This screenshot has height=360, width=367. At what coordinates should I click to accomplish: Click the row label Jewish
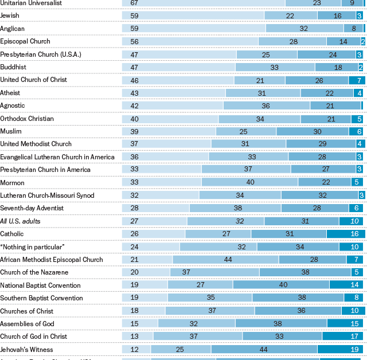[x=9, y=15]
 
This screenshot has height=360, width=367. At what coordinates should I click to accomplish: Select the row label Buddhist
[x=13, y=67]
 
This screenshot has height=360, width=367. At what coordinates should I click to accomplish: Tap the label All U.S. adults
[x=20, y=221]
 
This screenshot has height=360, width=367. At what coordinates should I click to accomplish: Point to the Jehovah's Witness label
[x=26, y=349]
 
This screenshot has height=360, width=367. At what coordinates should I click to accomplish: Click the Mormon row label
[x=11, y=182]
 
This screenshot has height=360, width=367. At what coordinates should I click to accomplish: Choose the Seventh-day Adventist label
[x=32, y=208]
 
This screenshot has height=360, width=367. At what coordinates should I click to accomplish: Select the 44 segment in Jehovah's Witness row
[x=264, y=349]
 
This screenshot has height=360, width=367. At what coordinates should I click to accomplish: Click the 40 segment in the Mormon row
[x=250, y=182]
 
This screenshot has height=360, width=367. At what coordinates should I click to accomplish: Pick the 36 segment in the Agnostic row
[x=266, y=105]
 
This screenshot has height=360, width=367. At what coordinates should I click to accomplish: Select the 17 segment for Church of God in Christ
[x=354, y=336]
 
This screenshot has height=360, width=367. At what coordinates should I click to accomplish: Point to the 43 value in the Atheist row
[x=134, y=93]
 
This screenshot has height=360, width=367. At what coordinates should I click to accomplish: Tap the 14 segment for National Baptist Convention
[x=355, y=285]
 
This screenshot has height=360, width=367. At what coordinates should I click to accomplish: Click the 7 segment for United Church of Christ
[x=358, y=80]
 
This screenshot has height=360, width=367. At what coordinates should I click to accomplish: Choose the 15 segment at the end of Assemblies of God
[x=354, y=323]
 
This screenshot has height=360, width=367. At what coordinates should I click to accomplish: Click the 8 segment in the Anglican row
[x=353, y=29]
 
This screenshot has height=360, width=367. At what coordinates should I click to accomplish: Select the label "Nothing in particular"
[x=32, y=246]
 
